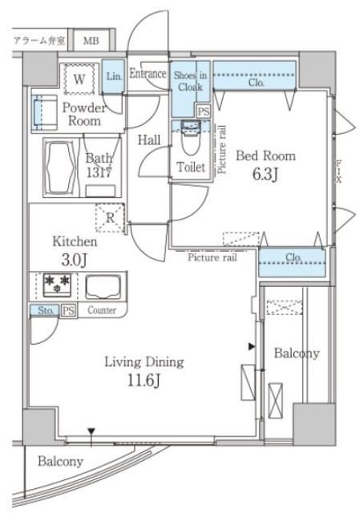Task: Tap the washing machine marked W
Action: pos(80,79)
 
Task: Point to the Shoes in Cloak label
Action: pos(190,83)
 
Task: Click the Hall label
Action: pos(148,140)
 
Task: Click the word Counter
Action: pos(102,310)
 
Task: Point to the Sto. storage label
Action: pos(45,310)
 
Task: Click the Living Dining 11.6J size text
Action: pos(144,370)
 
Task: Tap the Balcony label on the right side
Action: pos(296,353)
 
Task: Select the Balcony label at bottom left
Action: pos(61,462)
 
